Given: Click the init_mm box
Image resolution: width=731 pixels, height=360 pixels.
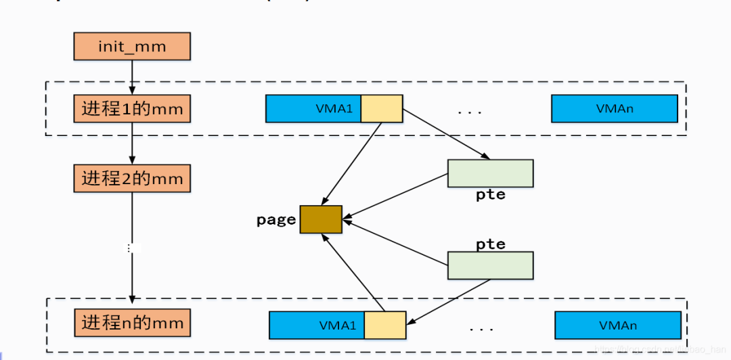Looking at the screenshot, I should pyautogui.click(x=132, y=47).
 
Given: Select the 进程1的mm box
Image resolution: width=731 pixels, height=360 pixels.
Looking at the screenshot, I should pyautogui.click(x=132, y=108).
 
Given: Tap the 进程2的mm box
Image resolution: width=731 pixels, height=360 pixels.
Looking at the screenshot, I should pyautogui.click(x=132, y=179).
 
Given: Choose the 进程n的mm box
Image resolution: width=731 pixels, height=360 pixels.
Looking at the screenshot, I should pyautogui.click(x=132, y=323).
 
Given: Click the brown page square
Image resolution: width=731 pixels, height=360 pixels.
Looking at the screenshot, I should pyautogui.click(x=321, y=219).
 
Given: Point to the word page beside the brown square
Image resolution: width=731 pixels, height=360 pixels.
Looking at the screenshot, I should pyautogui.click(x=276, y=220).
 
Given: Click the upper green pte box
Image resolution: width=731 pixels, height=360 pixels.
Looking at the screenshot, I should pyautogui.click(x=490, y=173).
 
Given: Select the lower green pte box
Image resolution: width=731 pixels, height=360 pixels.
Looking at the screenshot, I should pyautogui.click(x=490, y=265).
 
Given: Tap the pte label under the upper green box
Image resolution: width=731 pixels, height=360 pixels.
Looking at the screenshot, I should pyautogui.click(x=490, y=195).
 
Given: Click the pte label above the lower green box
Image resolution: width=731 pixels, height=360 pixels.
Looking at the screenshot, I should pyautogui.click(x=490, y=244).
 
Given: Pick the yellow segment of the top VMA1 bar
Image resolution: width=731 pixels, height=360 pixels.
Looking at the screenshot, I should pyautogui.click(x=381, y=108).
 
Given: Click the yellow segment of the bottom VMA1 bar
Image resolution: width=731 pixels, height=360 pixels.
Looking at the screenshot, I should pyautogui.click(x=384, y=325).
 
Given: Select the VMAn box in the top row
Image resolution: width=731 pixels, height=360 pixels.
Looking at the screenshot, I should pyautogui.click(x=614, y=108).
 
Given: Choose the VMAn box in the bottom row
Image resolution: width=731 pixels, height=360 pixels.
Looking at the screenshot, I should pyautogui.click(x=617, y=325).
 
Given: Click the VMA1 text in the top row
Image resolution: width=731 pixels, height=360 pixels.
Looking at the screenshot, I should pyautogui.click(x=334, y=108).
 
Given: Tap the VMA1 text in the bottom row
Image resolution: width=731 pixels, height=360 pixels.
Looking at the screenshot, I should pyautogui.click(x=337, y=325).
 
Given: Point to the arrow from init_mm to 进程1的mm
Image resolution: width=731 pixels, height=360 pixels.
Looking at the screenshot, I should pyautogui.click(x=132, y=77).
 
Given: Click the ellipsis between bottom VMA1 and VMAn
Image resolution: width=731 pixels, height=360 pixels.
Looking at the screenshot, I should pyautogui.click(x=481, y=329).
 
